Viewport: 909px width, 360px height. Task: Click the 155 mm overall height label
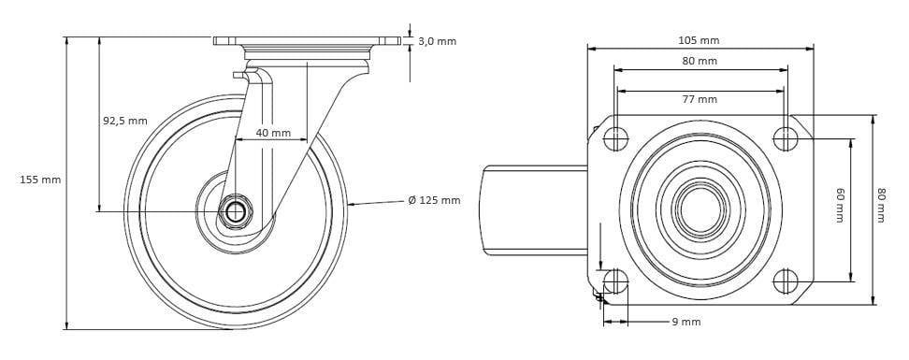(40, 180)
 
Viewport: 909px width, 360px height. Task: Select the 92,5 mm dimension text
(125, 122)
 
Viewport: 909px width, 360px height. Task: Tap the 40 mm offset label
(273, 134)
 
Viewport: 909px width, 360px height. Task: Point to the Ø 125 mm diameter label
(434, 201)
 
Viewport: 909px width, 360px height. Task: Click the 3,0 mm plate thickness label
(437, 41)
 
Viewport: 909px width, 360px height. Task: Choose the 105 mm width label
(699, 40)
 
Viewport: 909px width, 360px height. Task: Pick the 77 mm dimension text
(700, 99)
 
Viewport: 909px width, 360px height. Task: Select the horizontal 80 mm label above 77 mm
(700, 61)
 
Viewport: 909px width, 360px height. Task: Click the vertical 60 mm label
(840, 205)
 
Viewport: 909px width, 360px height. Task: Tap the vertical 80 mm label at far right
(881, 205)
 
